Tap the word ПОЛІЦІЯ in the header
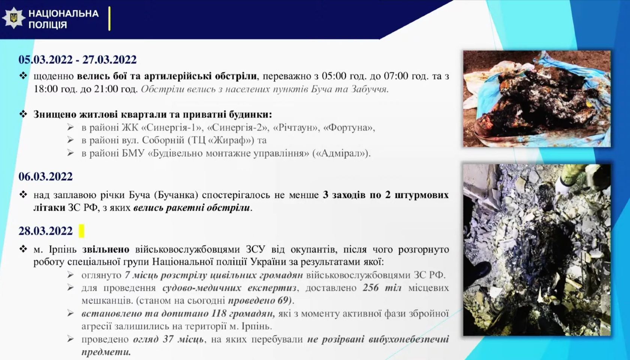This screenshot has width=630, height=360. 48,25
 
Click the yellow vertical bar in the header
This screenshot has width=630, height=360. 109,19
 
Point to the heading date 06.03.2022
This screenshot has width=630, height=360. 46,177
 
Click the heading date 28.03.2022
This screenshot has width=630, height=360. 46,231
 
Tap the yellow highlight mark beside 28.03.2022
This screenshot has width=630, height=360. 82,231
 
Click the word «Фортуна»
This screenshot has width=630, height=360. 349,127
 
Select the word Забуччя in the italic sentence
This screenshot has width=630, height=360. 369,89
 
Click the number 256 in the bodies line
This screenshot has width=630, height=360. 371,288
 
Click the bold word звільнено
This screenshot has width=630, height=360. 106,250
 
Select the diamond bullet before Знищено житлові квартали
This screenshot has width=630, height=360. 23,114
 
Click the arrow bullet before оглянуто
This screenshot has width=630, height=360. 70,275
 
